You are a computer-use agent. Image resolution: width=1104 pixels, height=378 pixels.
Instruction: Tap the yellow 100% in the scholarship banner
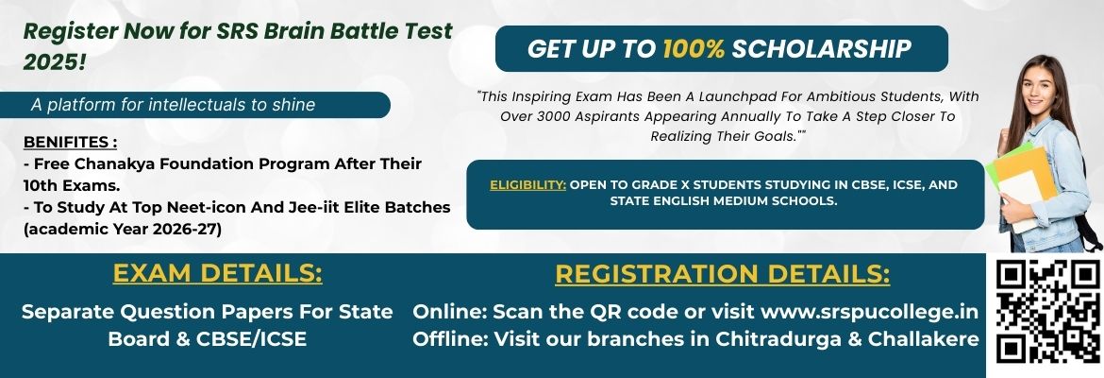694,48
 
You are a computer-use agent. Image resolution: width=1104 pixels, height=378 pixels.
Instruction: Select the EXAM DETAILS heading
218,274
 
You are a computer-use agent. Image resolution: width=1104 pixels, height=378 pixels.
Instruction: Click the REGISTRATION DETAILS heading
723,274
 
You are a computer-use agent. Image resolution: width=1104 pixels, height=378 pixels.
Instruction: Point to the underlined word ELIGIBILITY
528,185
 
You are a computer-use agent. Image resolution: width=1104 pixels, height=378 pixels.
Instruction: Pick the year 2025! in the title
54,62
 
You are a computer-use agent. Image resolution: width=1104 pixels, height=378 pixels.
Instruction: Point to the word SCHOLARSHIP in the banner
822,48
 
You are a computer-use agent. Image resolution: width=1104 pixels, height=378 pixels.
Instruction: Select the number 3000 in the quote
556,116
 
